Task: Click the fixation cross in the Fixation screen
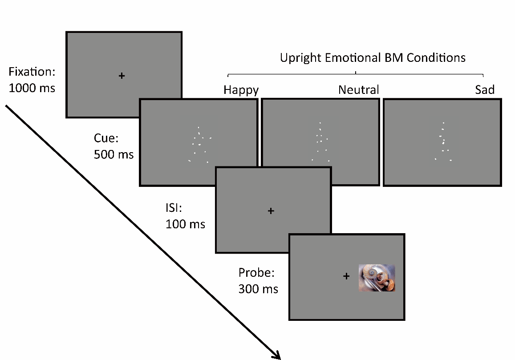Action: (x=122, y=76)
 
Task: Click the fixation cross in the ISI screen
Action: (x=271, y=211)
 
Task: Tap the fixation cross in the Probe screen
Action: (x=346, y=276)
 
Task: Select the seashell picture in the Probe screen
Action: (x=377, y=278)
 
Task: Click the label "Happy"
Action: (x=241, y=90)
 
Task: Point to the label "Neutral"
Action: (x=358, y=90)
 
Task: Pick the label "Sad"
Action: (x=484, y=90)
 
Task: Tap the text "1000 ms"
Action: (x=32, y=88)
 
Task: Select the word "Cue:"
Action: (x=106, y=138)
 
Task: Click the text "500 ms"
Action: (x=114, y=154)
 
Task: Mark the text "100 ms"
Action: (x=185, y=223)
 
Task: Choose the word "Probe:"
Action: (x=256, y=272)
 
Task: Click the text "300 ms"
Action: (x=258, y=289)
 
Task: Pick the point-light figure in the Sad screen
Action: (x=443, y=142)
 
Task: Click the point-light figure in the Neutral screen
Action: (x=320, y=142)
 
